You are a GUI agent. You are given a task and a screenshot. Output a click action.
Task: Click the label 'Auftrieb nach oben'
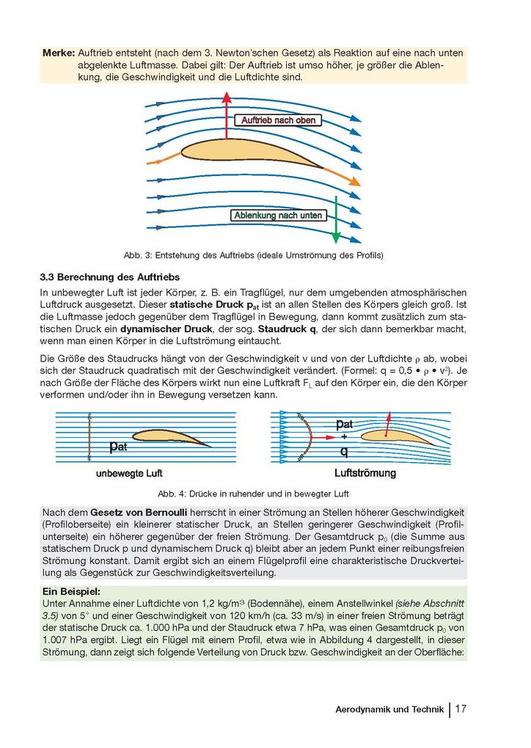278,120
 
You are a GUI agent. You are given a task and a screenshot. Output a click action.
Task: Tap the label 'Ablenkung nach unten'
278,215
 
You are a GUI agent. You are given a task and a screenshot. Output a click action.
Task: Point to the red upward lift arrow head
227,98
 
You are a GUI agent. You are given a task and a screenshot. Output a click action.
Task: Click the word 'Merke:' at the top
58,54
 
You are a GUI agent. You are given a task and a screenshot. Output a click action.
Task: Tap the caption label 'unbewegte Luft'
129,473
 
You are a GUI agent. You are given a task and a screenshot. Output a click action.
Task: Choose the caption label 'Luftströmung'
365,473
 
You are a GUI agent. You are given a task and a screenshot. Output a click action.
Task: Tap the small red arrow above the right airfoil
387,422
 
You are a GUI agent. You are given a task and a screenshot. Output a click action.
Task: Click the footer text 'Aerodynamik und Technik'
389,709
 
